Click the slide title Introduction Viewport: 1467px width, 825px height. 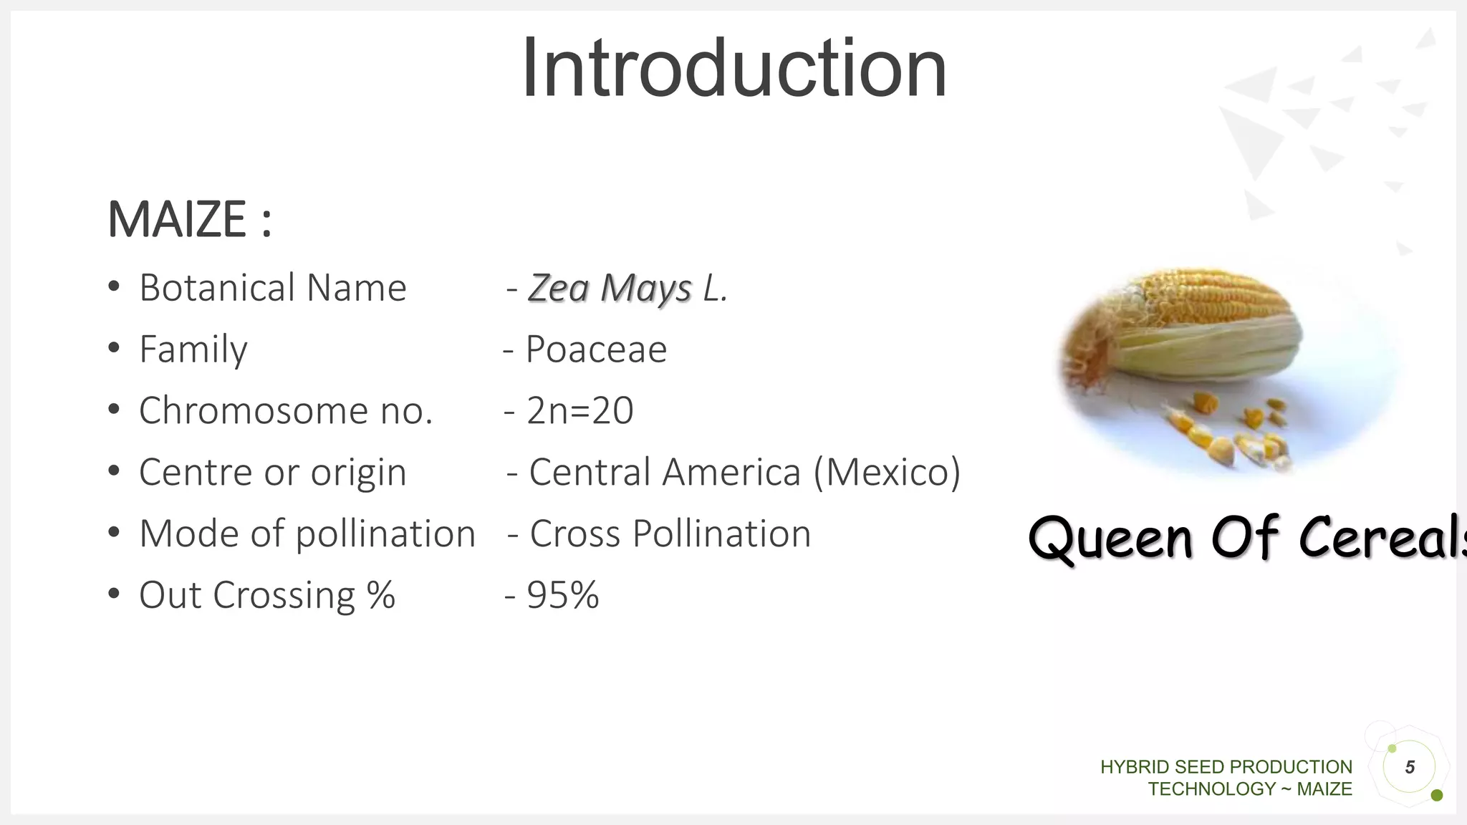coord(734,69)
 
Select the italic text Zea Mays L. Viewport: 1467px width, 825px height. coord(627,288)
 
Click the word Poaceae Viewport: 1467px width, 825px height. coord(596,349)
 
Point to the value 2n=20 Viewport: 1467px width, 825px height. coord(579,411)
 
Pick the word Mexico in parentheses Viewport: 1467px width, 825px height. coord(888,473)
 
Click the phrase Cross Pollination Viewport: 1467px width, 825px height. coord(670,534)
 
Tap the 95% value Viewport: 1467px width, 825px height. coord(562,595)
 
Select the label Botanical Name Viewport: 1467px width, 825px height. coord(272,288)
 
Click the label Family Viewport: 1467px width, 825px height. coord(193,349)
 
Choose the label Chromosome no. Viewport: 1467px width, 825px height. coord(286,411)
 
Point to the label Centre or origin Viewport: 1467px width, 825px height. coord(272,473)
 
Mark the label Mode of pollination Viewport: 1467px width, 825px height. coord(307,534)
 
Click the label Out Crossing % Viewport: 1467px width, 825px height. coord(266,595)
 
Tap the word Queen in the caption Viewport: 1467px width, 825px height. coord(1110,539)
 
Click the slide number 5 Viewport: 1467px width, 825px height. coord(1410,767)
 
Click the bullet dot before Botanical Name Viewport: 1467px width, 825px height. coord(113,287)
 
